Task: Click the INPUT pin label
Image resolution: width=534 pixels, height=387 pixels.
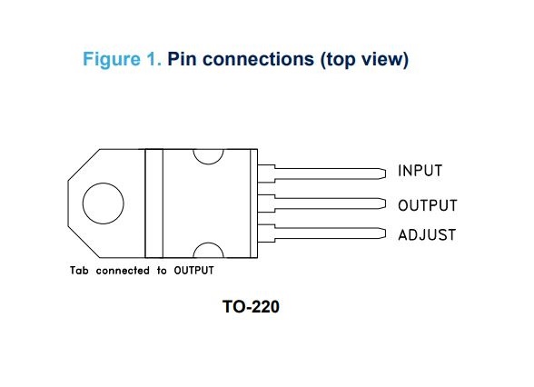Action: (x=420, y=172)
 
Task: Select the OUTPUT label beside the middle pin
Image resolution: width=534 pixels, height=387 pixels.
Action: (x=427, y=206)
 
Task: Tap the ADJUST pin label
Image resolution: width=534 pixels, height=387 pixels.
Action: (x=427, y=235)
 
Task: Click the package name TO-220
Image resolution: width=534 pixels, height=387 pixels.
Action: (x=251, y=308)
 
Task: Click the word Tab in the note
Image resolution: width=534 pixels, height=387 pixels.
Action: (x=81, y=271)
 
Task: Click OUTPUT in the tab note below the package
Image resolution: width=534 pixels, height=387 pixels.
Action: (x=193, y=271)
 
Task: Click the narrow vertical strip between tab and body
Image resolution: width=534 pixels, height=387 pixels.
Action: (x=153, y=203)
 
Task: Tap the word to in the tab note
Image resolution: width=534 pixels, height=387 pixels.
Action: (x=162, y=271)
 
